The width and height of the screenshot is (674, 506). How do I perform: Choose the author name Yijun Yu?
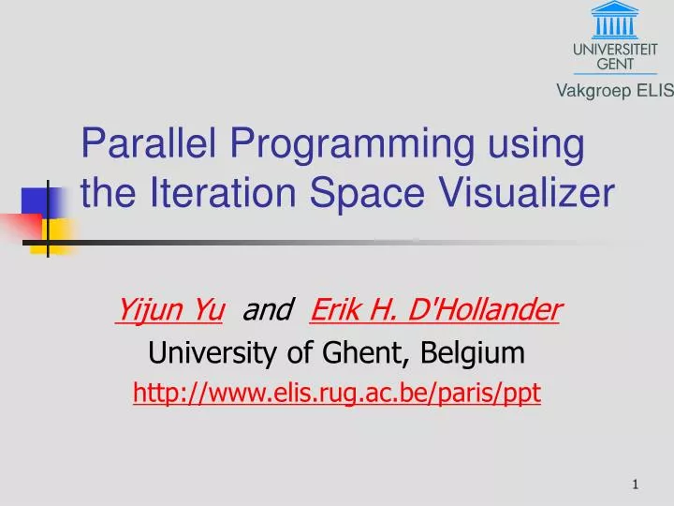[x=168, y=307]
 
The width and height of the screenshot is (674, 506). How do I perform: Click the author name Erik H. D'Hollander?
[x=434, y=307]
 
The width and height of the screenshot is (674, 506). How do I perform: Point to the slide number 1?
[x=636, y=484]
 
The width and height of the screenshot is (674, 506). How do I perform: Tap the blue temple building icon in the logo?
[x=615, y=19]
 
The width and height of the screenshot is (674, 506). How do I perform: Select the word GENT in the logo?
[x=615, y=63]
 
